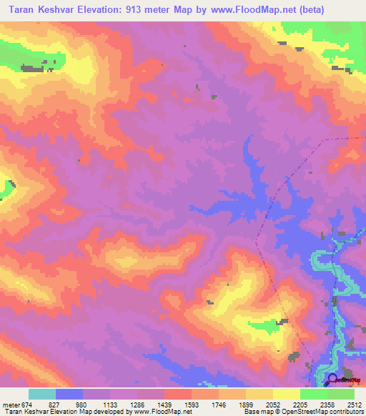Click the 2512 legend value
[x=354, y=404]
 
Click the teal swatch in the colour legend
[x=42, y=394]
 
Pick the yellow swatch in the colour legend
[x=286, y=394]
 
